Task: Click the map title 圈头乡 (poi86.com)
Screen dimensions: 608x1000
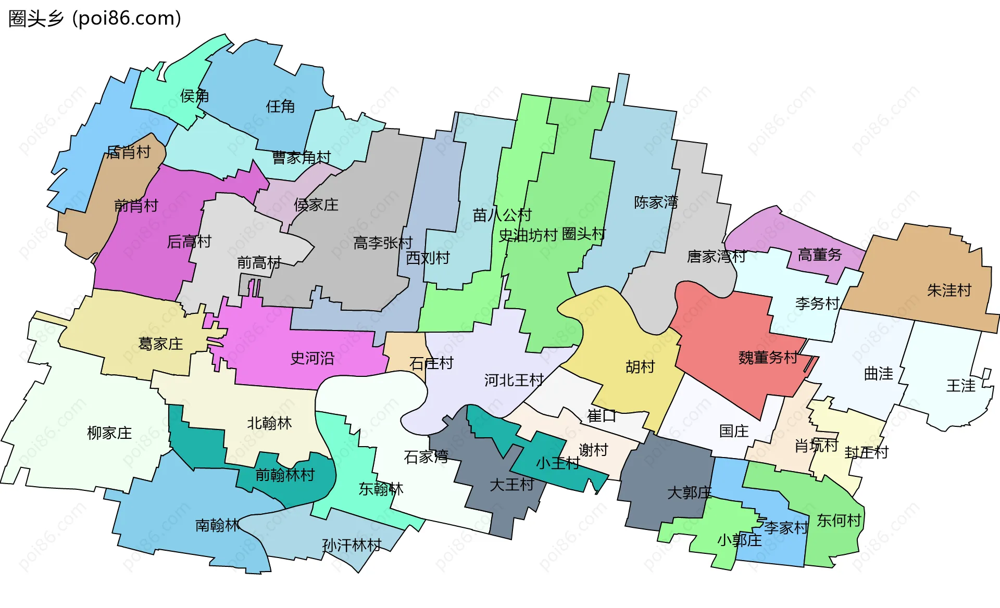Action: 95,19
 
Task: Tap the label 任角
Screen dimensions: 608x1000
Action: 280,107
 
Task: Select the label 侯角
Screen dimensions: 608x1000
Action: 194,96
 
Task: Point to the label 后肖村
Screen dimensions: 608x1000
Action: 128,152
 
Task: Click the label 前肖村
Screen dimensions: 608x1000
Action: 136,206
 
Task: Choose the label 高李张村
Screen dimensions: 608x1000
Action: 383,243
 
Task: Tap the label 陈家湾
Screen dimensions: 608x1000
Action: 656,202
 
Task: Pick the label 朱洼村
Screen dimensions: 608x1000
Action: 949,290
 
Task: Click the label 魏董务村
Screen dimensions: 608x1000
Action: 768,358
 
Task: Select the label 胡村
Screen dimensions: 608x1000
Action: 640,367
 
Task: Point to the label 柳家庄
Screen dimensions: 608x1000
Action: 109,433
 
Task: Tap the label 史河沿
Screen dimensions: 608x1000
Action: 312,358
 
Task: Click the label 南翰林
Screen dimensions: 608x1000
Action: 217,525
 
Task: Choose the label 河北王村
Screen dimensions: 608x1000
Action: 514,381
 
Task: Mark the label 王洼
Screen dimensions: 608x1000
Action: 960,386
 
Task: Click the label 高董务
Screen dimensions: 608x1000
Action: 820,255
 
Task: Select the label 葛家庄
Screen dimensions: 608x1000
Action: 160,344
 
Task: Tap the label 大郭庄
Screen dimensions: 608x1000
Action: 689,492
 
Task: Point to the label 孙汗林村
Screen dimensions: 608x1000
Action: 352,546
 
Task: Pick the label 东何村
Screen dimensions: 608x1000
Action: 839,521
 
